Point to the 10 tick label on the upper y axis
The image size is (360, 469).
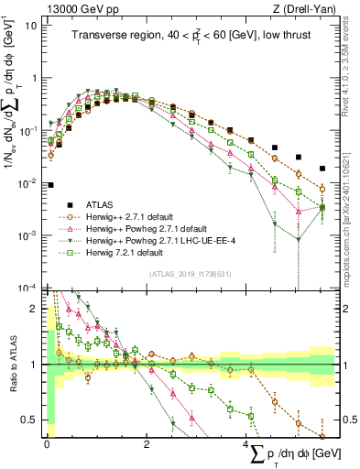[x=32, y=25]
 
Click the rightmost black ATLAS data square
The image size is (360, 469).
[x=322, y=169]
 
